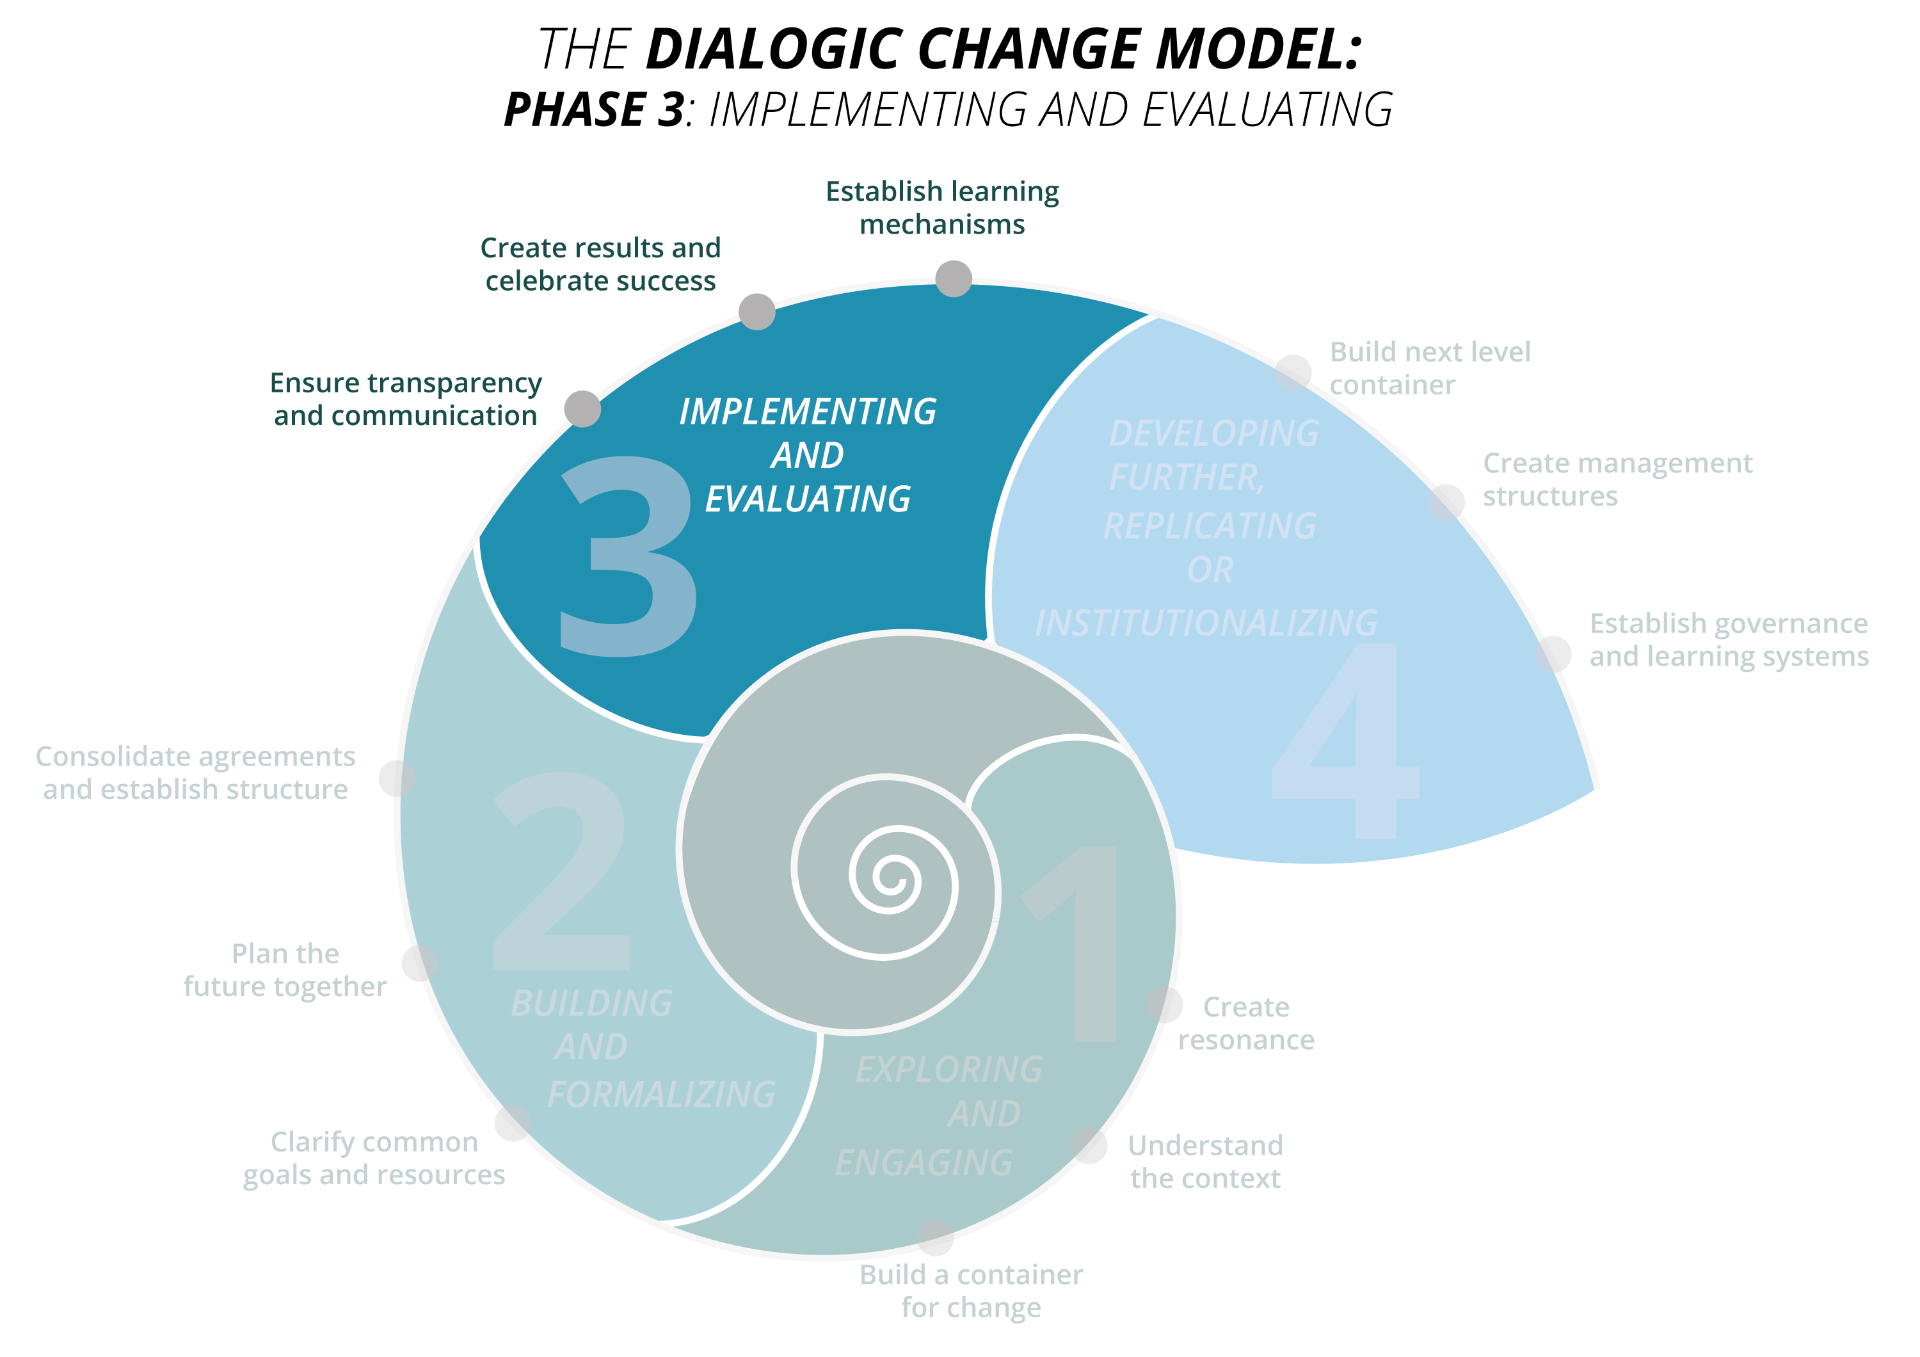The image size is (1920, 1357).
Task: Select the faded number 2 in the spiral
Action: pyautogui.click(x=562, y=871)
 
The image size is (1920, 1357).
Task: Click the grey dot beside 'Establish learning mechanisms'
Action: pyautogui.click(x=954, y=278)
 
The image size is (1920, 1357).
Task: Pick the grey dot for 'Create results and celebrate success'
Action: pyautogui.click(x=756, y=312)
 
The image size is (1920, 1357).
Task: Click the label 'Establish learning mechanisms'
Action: pyautogui.click(x=943, y=207)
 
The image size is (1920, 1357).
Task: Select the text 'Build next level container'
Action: pyautogui.click(x=1430, y=368)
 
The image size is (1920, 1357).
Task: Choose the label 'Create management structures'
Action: pyautogui.click(x=1617, y=479)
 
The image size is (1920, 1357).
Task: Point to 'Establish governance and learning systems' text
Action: pyautogui.click(x=1729, y=639)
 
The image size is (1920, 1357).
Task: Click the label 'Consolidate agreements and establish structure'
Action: pyautogui.click(x=196, y=773)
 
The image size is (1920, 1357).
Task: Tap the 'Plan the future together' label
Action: pyautogui.click(x=285, y=970)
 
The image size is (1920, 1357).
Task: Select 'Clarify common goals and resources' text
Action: pyautogui.click(x=374, y=1158)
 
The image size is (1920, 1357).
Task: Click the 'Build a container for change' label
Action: pyautogui.click(x=971, y=1291)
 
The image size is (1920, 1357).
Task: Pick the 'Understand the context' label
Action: pyautogui.click(x=1205, y=1161)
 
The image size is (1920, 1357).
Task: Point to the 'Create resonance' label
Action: pyautogui.click(x=1246, y=1024)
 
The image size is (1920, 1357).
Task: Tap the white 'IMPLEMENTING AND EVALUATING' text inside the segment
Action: pyautogui.click(x=808, y=456)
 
